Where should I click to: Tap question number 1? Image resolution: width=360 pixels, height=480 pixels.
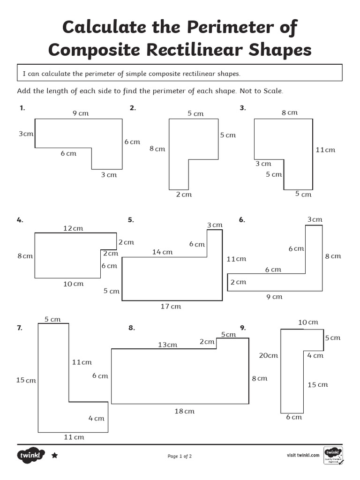pos(22,108)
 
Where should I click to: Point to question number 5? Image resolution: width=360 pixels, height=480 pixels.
pos(131,220)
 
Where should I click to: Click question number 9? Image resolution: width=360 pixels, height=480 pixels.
pos(243,328)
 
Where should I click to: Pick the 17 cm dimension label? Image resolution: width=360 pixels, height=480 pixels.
pos(171,307)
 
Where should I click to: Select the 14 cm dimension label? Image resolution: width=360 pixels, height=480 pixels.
pos(162,252)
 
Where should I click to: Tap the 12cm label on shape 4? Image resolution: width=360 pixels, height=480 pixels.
pos(73,228)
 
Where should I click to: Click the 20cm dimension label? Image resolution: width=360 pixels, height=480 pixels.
pos(269,355)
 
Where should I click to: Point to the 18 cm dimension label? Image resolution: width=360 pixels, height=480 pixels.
pos(184,412)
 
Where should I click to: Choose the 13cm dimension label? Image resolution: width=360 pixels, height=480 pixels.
pos(167,345)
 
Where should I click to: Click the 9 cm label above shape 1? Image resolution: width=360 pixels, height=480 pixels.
pos(80,113)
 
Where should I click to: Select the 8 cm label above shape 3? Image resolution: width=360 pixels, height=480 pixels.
pos(289,112)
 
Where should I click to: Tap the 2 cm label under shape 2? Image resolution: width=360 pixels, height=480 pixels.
pos(184,195)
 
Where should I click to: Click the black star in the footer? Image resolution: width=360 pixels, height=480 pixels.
pos(54,455)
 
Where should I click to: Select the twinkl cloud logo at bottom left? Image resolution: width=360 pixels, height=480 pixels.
pos(31,455)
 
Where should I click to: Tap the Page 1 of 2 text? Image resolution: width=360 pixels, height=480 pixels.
pos(180,456)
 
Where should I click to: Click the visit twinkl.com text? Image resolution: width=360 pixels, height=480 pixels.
pos(303,455)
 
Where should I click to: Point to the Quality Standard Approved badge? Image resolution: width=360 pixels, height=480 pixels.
pos(333,456)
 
